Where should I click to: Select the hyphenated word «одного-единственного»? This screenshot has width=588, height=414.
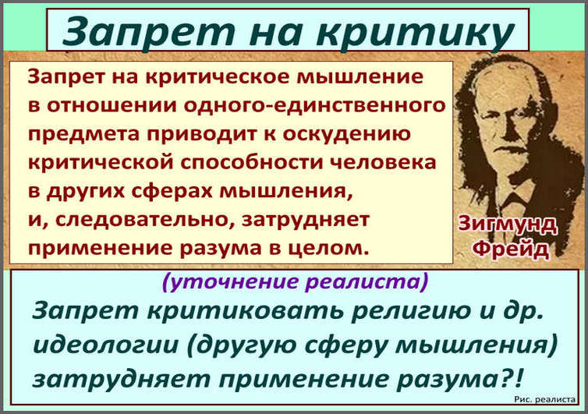coord(314,106)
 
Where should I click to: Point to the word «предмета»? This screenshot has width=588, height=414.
coord(83,135)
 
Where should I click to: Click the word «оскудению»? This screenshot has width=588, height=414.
coord(346,135)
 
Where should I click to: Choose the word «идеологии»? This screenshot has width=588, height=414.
coord(106,345)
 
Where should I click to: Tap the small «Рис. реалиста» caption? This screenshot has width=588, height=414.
coord(544,400)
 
